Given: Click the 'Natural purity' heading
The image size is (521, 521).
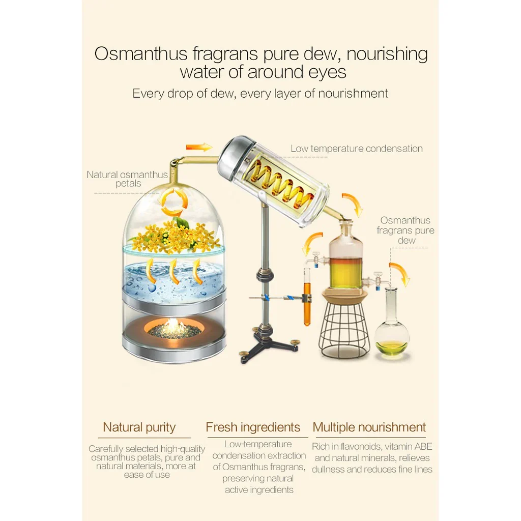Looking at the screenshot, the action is [x=139, y=427].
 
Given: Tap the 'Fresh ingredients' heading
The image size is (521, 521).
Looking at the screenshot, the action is [x=253, y=427].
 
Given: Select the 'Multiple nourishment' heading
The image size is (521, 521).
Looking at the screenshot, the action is [x=369, y=427].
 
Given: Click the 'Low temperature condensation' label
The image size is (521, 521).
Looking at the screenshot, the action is [x=357, y=149].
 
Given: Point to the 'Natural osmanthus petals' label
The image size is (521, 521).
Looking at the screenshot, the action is [x=127, y=179].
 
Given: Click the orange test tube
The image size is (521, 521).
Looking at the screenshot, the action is [x=307, y=297].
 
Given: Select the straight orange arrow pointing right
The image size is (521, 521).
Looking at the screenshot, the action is [x=199, y=147].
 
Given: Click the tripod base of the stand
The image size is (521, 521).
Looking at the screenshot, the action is [x=269, y=349].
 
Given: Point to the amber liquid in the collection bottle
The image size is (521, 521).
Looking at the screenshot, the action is [x=346, y=273].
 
